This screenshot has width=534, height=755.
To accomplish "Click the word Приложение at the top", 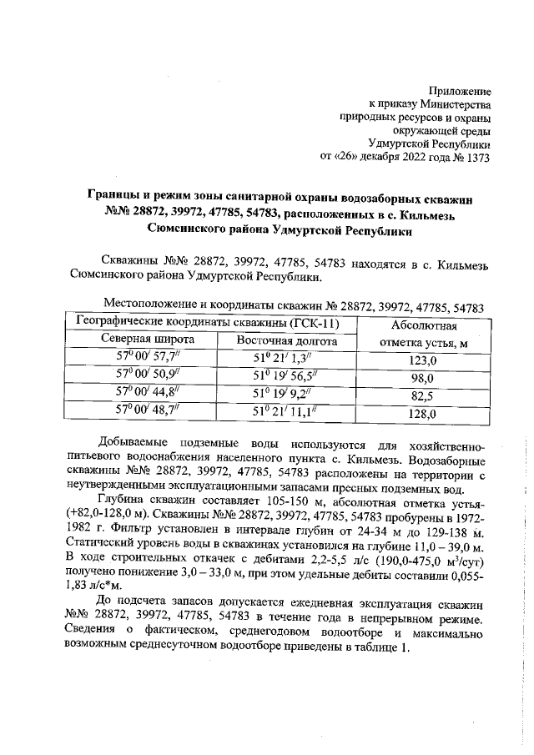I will (x=459, y=90).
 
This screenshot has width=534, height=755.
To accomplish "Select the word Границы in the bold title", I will (x=116, y=195).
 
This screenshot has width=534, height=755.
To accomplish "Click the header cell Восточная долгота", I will (x=286, y=340).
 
